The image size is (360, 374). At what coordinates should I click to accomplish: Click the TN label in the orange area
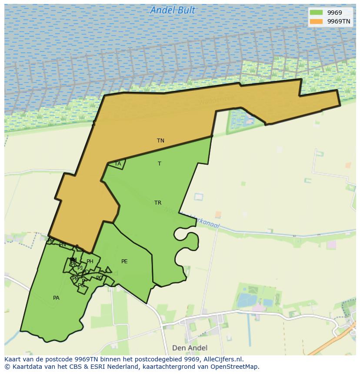pyautogui.click(x=160, y=141)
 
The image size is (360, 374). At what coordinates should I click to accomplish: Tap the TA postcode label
pyautogui.click(x=117, y=164)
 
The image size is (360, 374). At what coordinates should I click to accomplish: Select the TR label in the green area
pyautogui.click(x=158, y=203)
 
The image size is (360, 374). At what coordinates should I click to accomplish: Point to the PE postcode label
pyautogui.click(x=124, y=261)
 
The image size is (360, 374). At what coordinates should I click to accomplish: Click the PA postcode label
pyautogui.click(x=56, y=298)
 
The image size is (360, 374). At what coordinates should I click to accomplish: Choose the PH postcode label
pyautogui.click(x=90, y=261)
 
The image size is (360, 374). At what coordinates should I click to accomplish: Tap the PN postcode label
pyautogui.click(x=63, y=245)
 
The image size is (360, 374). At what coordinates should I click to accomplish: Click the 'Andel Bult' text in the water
pyautogui.click(x=173, y=10)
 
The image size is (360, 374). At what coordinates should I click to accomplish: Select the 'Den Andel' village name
pyautogui.click(x=190, y=348)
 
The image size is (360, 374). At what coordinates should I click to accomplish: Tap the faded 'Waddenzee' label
pyautogui.click(x=216, y=100)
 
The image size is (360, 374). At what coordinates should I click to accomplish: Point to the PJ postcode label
pyautogui.click(x=80, y=268)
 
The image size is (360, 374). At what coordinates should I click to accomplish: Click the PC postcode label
pyautogui.click(x=100, y=278)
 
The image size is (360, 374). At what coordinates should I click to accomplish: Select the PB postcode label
pyautogui.click(x=75, y=278)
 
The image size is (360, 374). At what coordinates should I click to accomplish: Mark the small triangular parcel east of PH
pyautogui.click(x=108, y=270)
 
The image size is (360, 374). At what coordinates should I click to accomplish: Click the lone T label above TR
pyautogui.click(x=160, y=164)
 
